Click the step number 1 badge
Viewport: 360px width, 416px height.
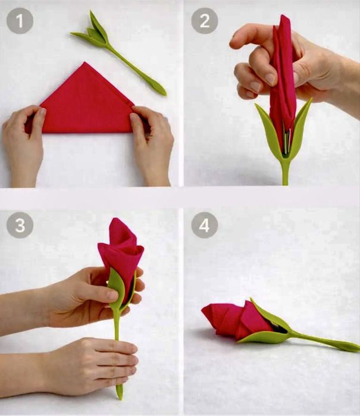(20, 21)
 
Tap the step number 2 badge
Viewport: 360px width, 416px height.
(205, 21)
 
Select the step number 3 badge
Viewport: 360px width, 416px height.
(20, 225)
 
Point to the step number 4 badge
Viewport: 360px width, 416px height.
(205, 225)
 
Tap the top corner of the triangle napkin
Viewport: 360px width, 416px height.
(85, 62)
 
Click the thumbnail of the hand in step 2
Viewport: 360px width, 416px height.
(271, 79)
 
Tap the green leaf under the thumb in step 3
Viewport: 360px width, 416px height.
(116, 286)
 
